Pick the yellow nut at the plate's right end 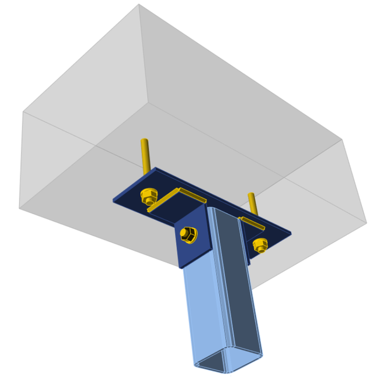(x=259, y=244)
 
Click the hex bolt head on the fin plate (x=188, y=234)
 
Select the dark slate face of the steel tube (x=240, y=284)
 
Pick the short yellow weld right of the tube (x=253, y=223)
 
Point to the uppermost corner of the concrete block (x=139, y=4)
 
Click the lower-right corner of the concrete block (x=366, y=222)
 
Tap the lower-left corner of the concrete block (x=20, y=208)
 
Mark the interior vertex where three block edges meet (x=148, y=102)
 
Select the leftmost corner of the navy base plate (x=114, y=202)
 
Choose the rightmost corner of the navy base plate (x=291, y=234)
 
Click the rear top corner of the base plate (x=155, y=167)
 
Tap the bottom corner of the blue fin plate (x=179, y=268)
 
